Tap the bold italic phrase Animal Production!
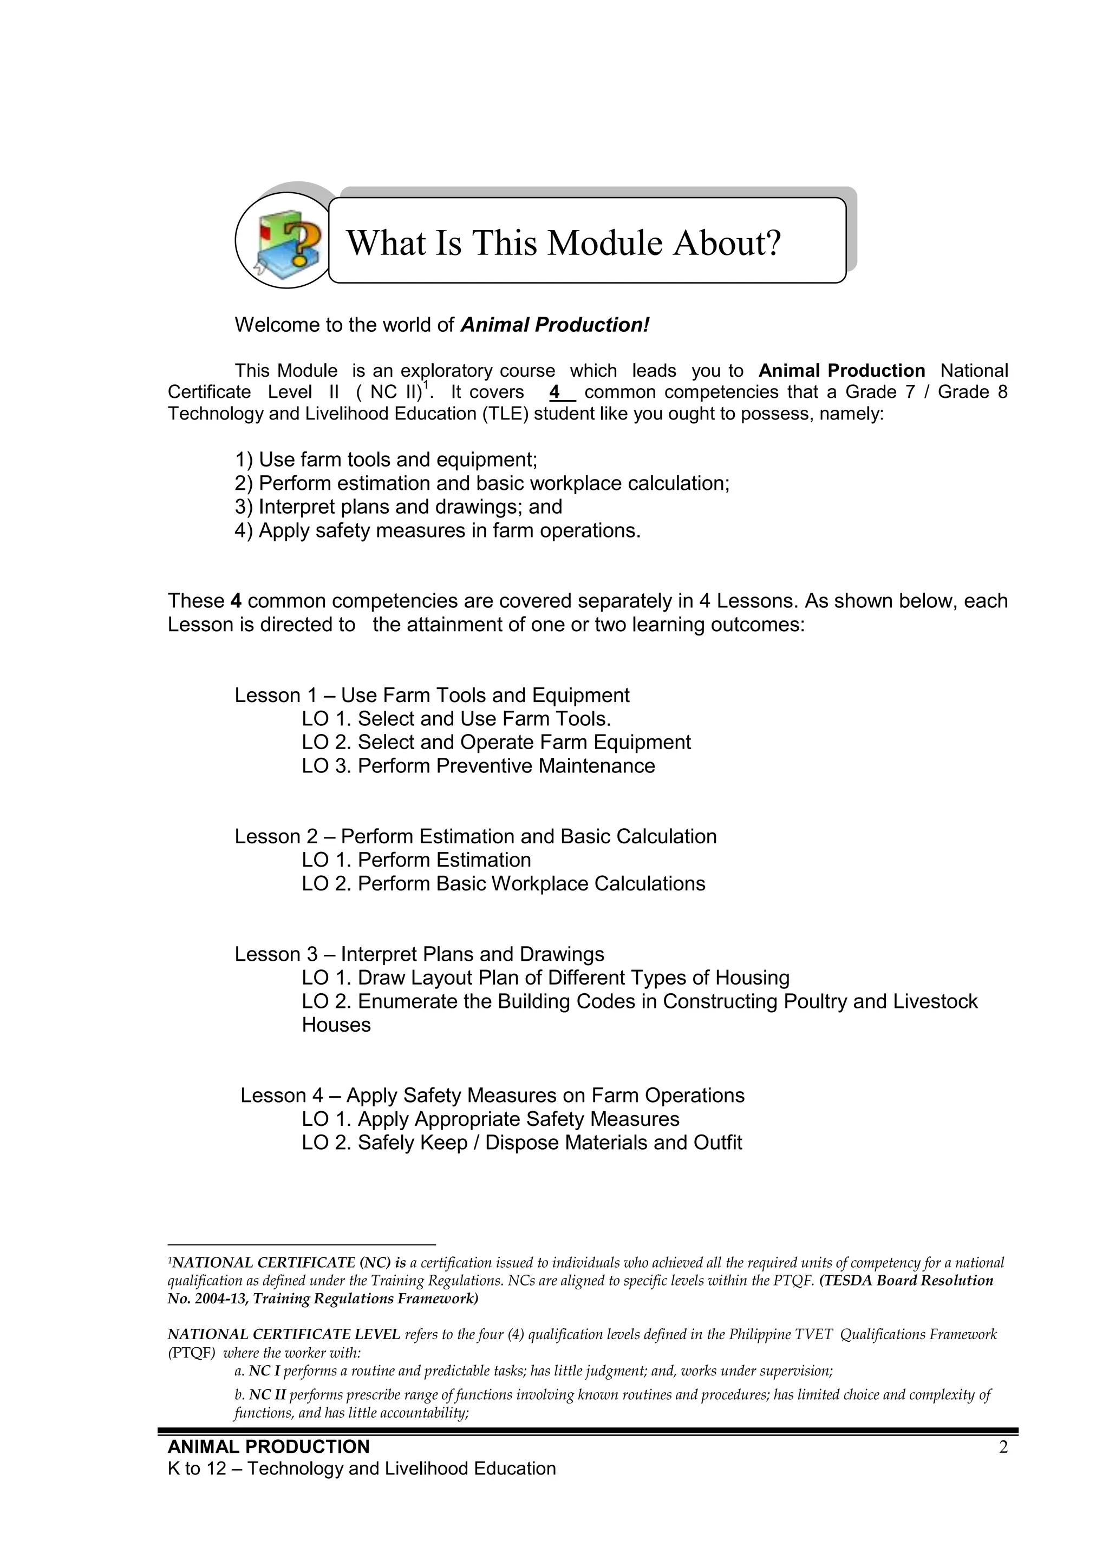(554, 325)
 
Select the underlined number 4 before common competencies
(555, 392)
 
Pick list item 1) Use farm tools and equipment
(386, 460)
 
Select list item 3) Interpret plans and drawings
(398, 507)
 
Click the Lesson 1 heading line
(432, 695)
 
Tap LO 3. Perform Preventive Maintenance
(478, 766)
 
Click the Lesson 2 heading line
(475, 836)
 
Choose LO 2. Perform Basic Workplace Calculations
(503, 883)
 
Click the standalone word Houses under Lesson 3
(336, 1025)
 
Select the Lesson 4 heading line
(492, 1096)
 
